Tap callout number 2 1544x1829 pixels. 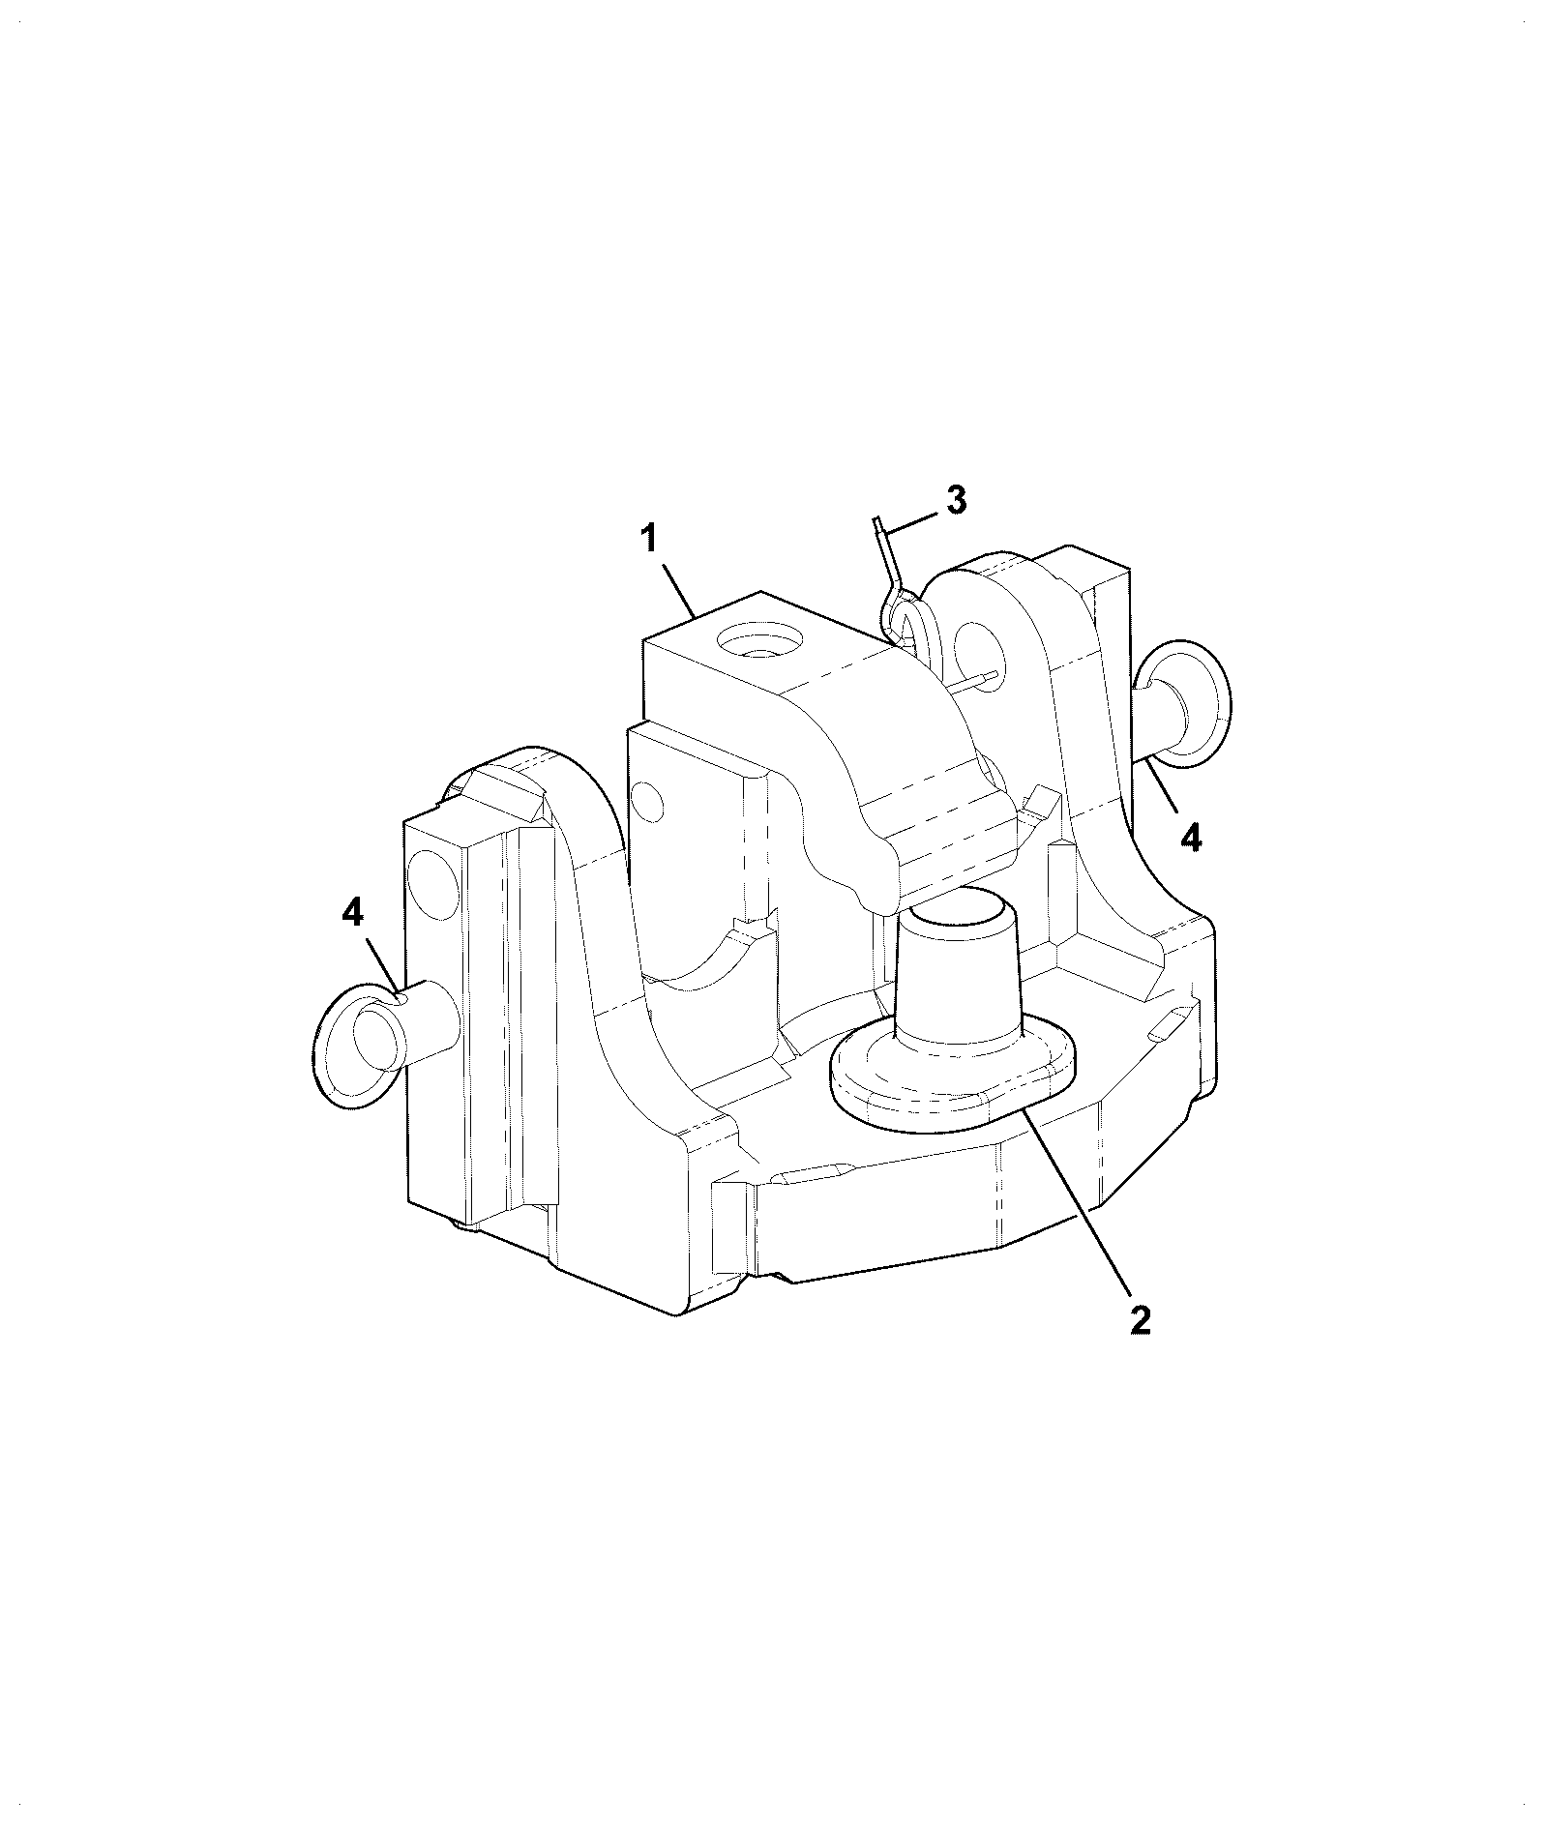(x=1141, y=1320)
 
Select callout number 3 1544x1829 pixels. (x=955, y=500)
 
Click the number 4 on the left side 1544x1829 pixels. (x=353, y=911)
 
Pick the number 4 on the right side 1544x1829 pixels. (x=1191, y=836)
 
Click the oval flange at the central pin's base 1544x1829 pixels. (x=954, y=1074)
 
